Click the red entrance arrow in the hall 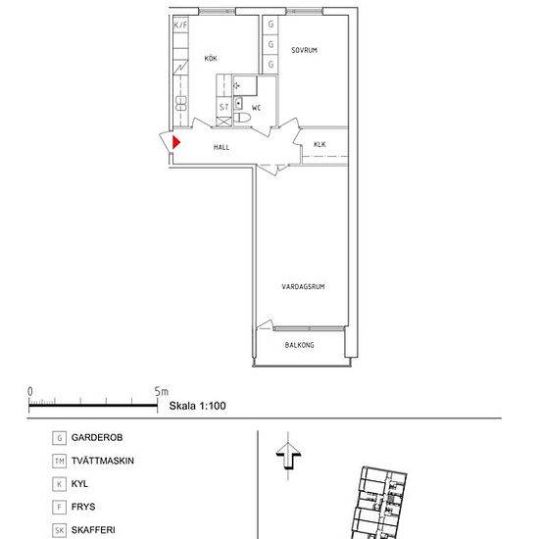click(176, 142)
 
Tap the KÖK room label click(211, 58)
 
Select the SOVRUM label click(304, 50)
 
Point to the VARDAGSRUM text click(303, 286)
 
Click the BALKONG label click(300, 345)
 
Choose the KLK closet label click(319, 144)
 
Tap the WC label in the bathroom click(256, 108)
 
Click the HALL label click(221, 147)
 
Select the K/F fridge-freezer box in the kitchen click(181, 24)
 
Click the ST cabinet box click(224, 107)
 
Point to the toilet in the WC click(242, 118)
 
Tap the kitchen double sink click(181, 104)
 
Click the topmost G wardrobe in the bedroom click(270, 24)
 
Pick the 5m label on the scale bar click(162, 392)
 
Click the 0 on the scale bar click(30, 392)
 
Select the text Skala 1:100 click(197, 406)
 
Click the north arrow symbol click(288, 456)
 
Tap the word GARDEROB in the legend click(97, 438)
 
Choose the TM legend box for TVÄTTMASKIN click(59, 461)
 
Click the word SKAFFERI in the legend click(93, 530)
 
